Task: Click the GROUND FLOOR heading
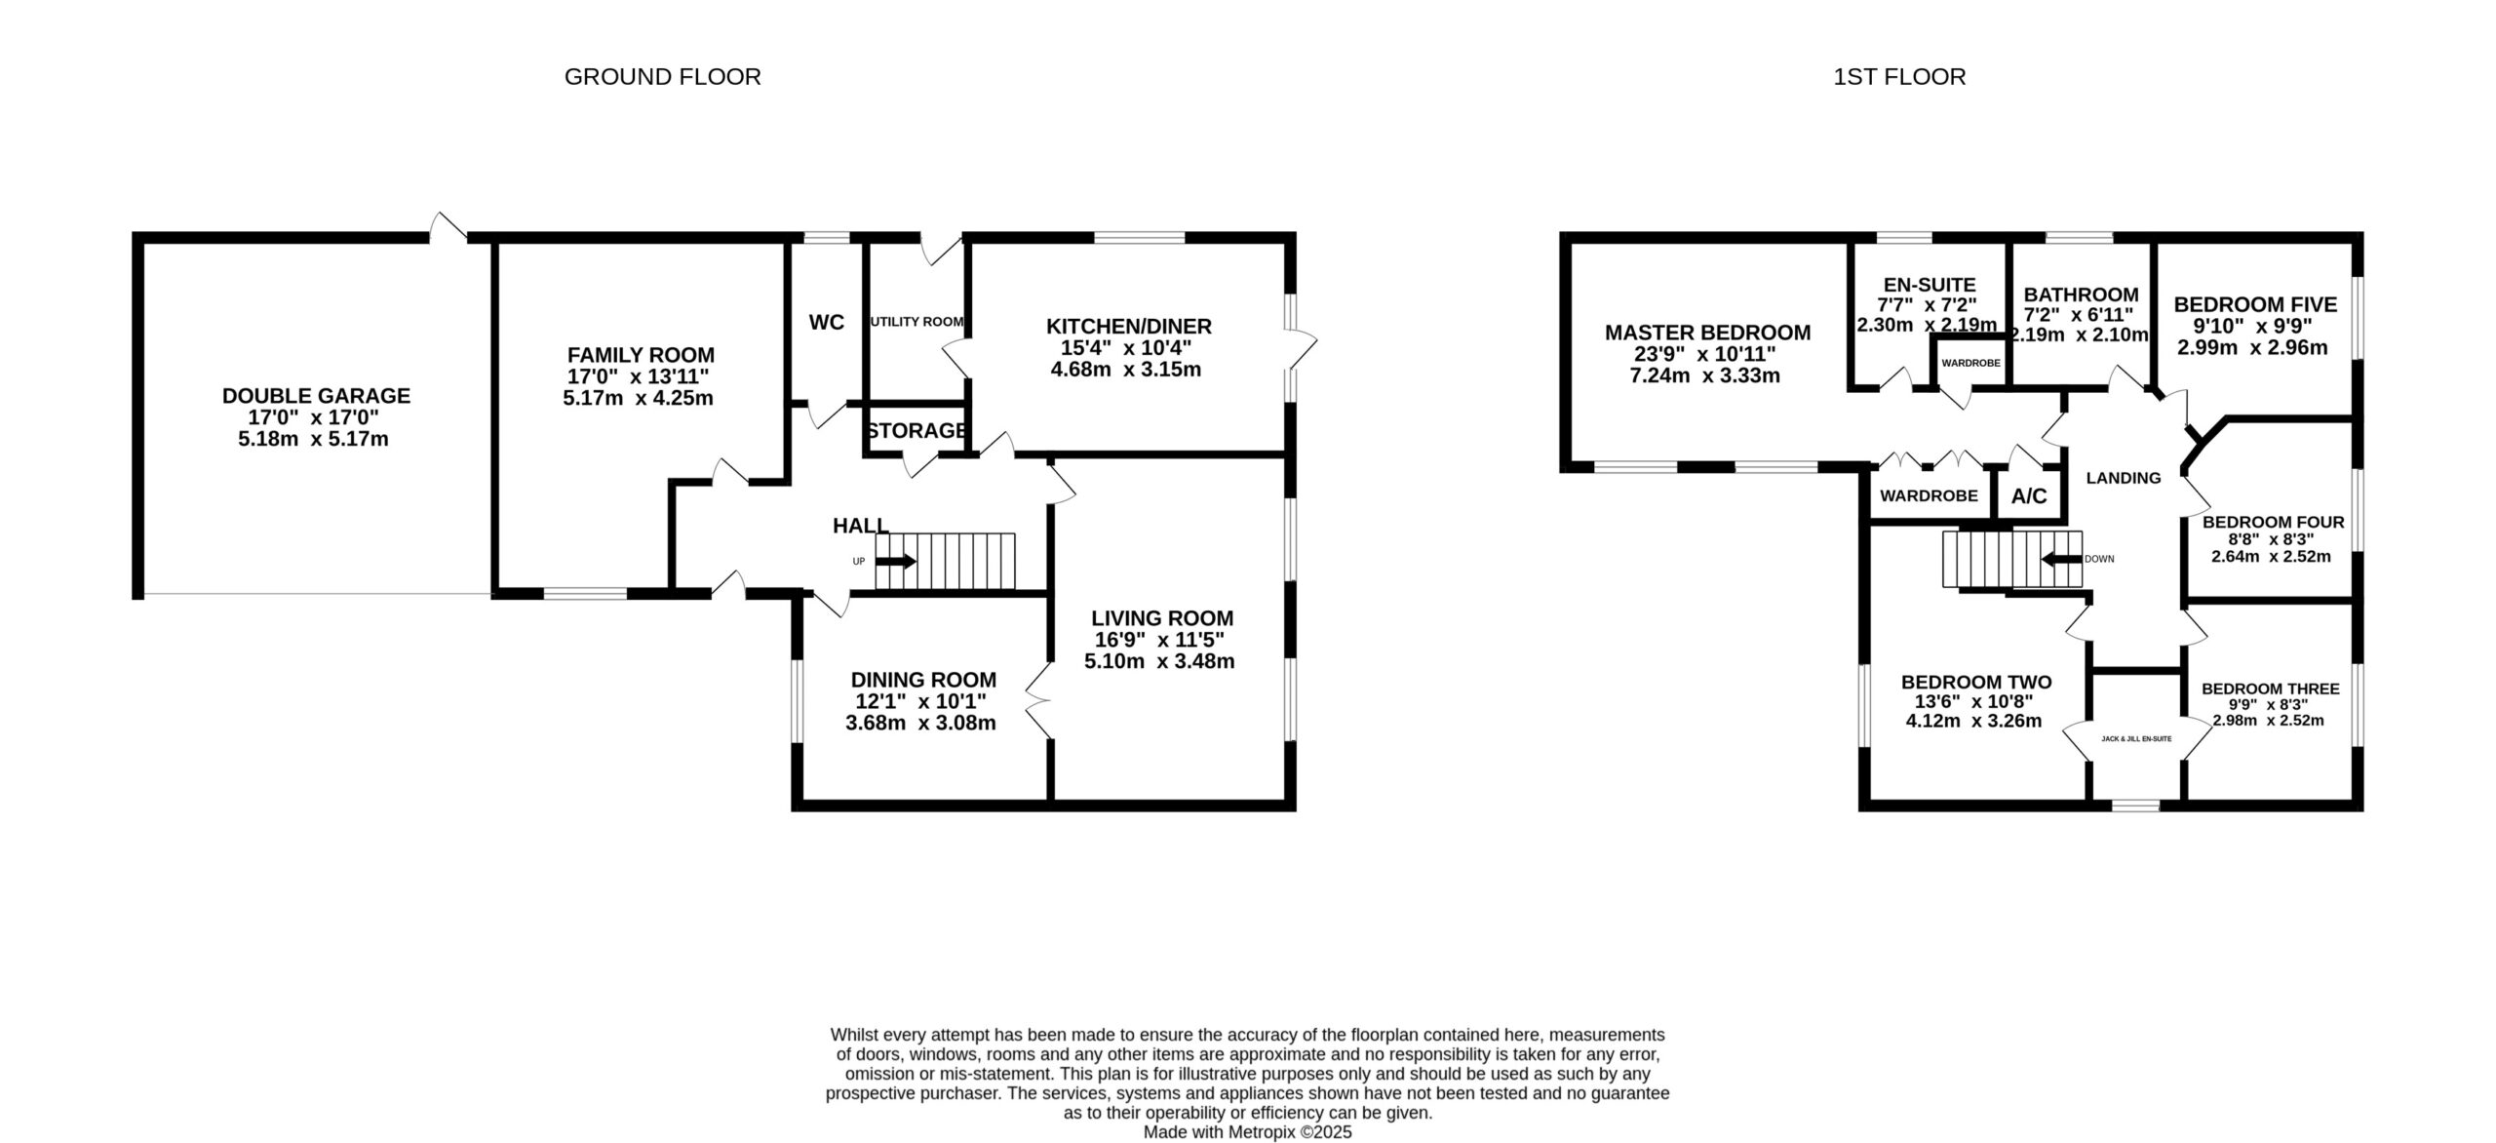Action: click(662, 77)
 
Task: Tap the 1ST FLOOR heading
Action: click(1899, 77)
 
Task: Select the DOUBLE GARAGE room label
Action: click(316, 396)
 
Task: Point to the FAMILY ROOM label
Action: click(641, 355)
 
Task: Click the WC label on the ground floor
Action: click(827, 322)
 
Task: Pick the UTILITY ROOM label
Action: click(916, 322)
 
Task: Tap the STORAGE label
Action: click(916, 430)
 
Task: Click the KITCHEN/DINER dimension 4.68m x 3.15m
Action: click(1125, 370)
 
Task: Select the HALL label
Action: click(860, 526)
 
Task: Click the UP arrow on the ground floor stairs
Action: click(896, 562)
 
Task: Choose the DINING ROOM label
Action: click(923, 680)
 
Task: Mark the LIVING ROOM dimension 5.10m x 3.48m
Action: click(1159, 661)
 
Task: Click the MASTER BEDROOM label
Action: click(1707, 333)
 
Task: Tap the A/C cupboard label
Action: click(2029, 496)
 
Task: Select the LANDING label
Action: click(2123, 478)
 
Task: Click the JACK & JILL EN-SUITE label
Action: click(2136, 739)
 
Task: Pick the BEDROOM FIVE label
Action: click(2255, 305)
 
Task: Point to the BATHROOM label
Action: click(2081, 295)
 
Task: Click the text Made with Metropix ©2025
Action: click(1247, 1132)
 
